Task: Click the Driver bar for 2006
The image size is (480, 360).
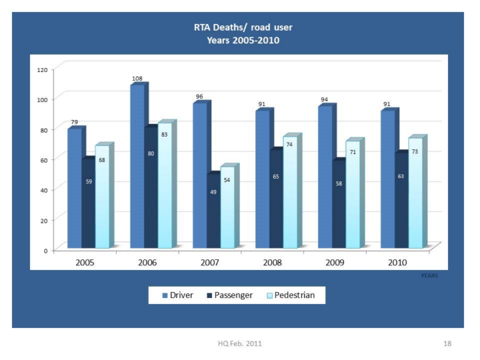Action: tap(137, 167)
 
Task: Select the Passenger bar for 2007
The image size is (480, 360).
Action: tap(213, 211)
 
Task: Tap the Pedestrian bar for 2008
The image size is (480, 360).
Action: tap(289, 193)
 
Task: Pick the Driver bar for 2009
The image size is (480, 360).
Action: tap(325, 177)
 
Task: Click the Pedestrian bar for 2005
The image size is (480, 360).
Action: tap(101, 197)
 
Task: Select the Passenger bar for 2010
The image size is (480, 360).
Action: tap(401, 201)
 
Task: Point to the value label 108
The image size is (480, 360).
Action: tap(137, 79)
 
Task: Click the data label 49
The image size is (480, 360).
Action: tap(213, 192)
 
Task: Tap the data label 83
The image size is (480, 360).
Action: tap(164, 135)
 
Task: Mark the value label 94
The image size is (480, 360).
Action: tap(325, 100)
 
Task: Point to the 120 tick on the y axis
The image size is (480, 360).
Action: tap(42, 69)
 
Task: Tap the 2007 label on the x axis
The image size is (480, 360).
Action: tap(210, 263)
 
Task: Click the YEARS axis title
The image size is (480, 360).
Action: tap(429, 274)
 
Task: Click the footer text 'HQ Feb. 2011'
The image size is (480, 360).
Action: tap(239, 343)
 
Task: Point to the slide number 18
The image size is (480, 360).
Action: tap(447, 343)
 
